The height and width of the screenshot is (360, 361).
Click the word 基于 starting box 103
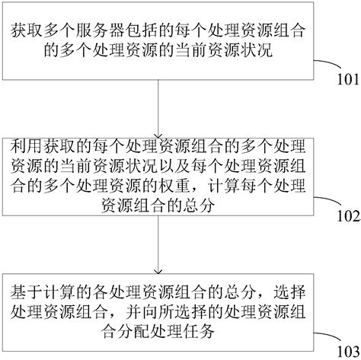(24, 290)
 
